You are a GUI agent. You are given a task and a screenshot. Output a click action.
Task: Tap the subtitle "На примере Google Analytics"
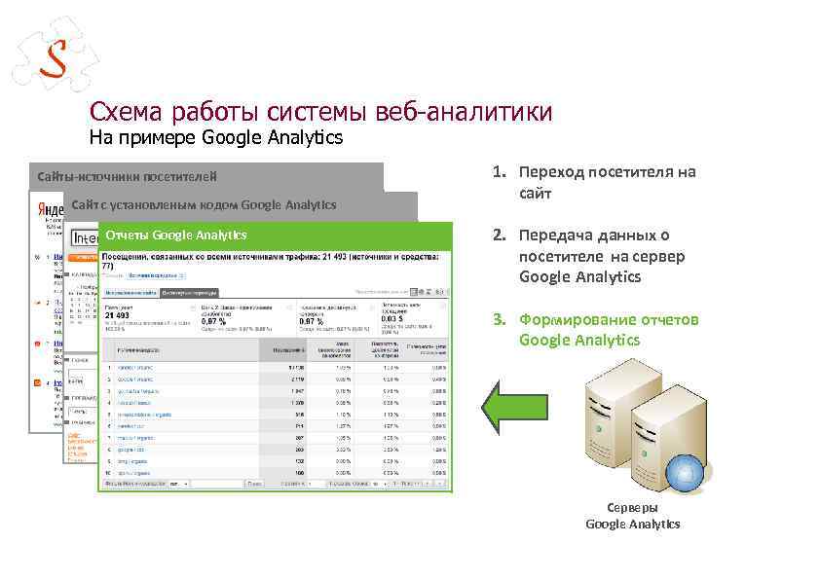coord(216,137)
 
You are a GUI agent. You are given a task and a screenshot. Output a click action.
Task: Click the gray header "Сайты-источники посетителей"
coord(127,176)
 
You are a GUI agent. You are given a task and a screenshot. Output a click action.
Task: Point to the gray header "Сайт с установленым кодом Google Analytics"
coord(204,204)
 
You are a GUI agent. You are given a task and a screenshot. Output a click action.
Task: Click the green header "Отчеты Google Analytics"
coord(176,235)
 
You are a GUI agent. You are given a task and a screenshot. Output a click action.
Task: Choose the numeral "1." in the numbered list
coord(498,172)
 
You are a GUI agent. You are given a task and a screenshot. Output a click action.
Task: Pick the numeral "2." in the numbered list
coord(498,235)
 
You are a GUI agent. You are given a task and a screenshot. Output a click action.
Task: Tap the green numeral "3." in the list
coord(498,319)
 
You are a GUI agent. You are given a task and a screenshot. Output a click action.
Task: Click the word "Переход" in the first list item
coord(550,172)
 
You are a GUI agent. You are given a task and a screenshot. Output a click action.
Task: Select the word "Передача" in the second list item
coord(553,235)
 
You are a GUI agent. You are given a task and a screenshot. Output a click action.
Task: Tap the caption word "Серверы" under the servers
coord(632,508)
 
